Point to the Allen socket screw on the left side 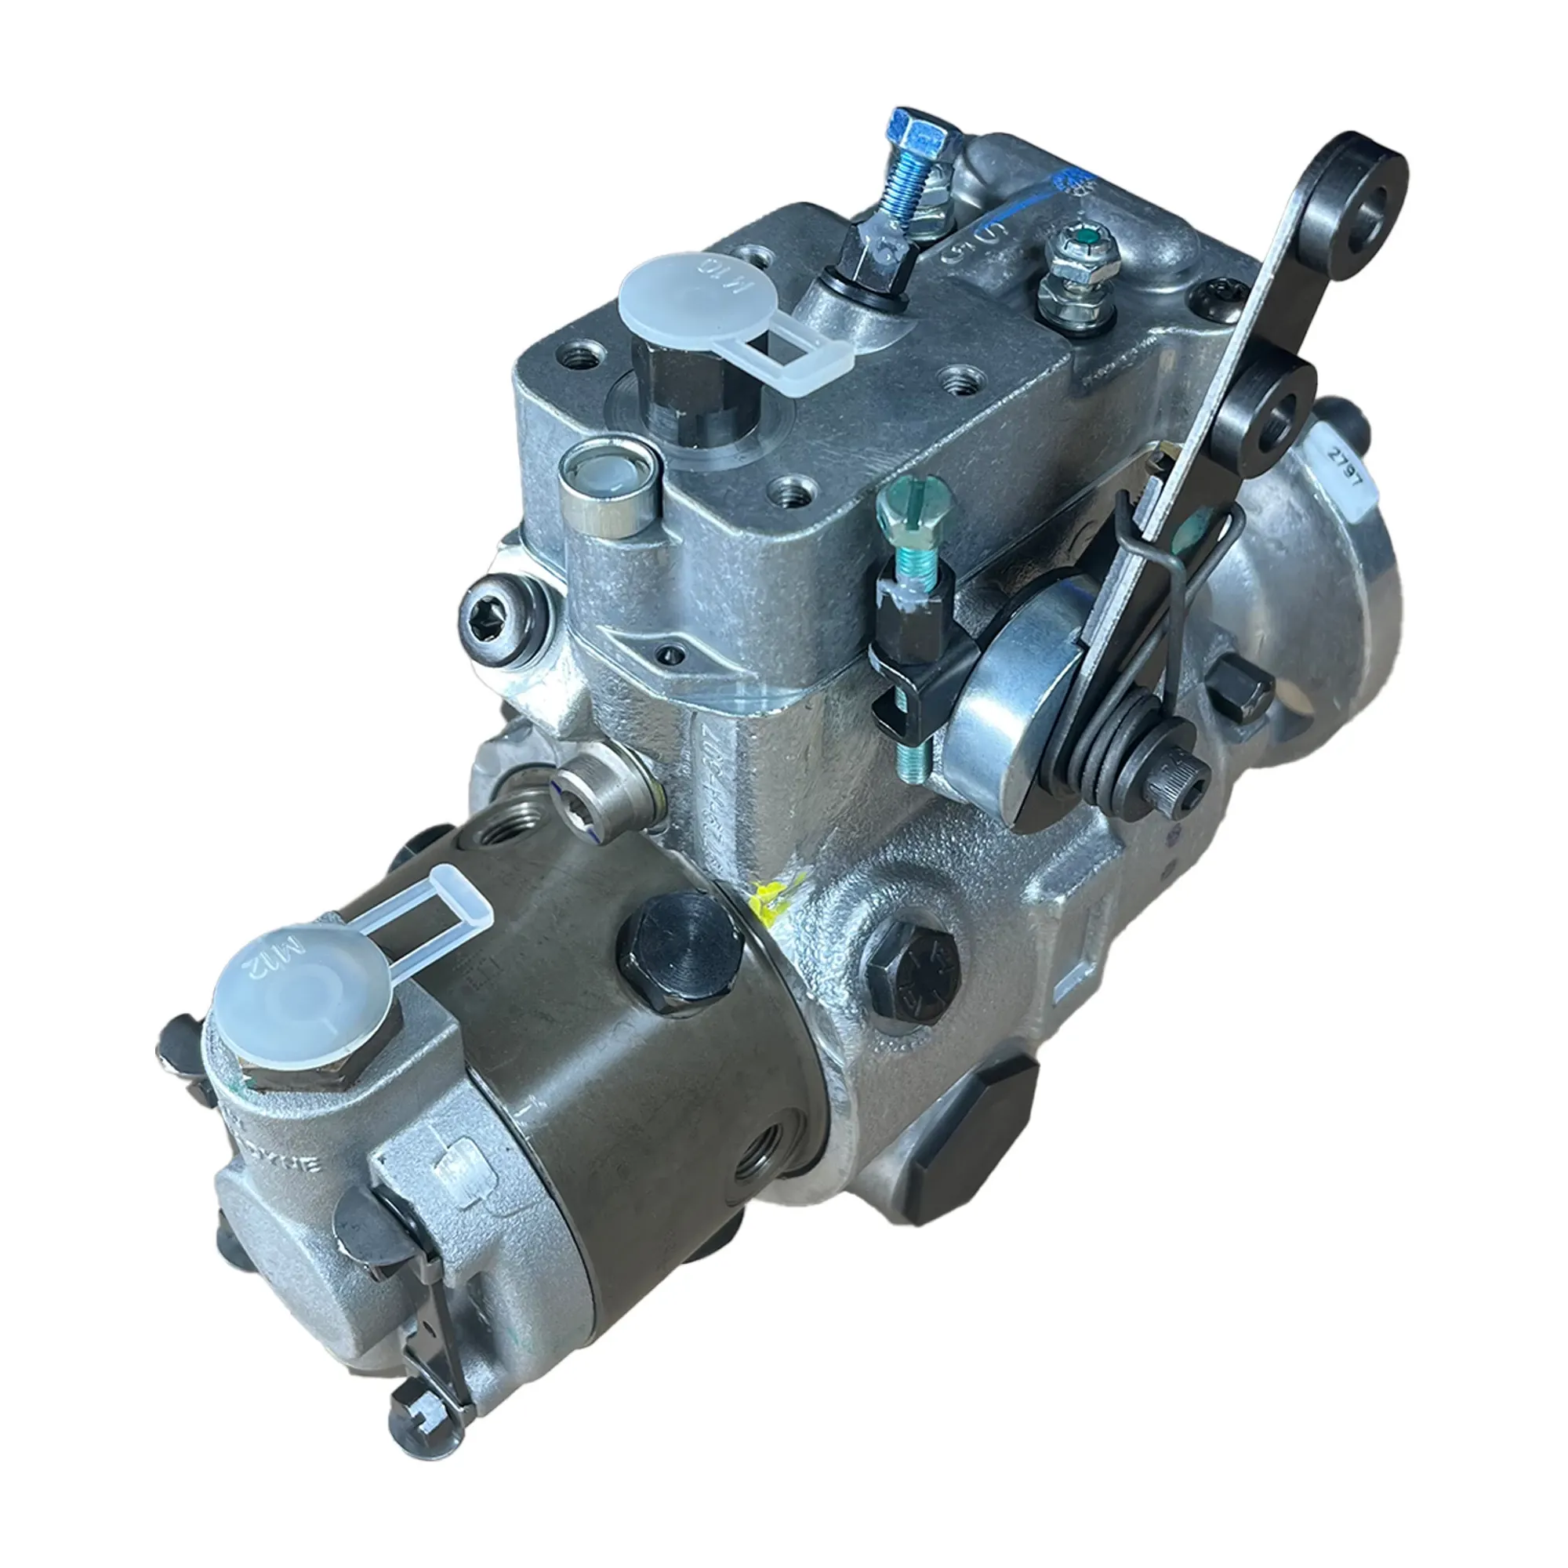[x=494, y=613]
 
